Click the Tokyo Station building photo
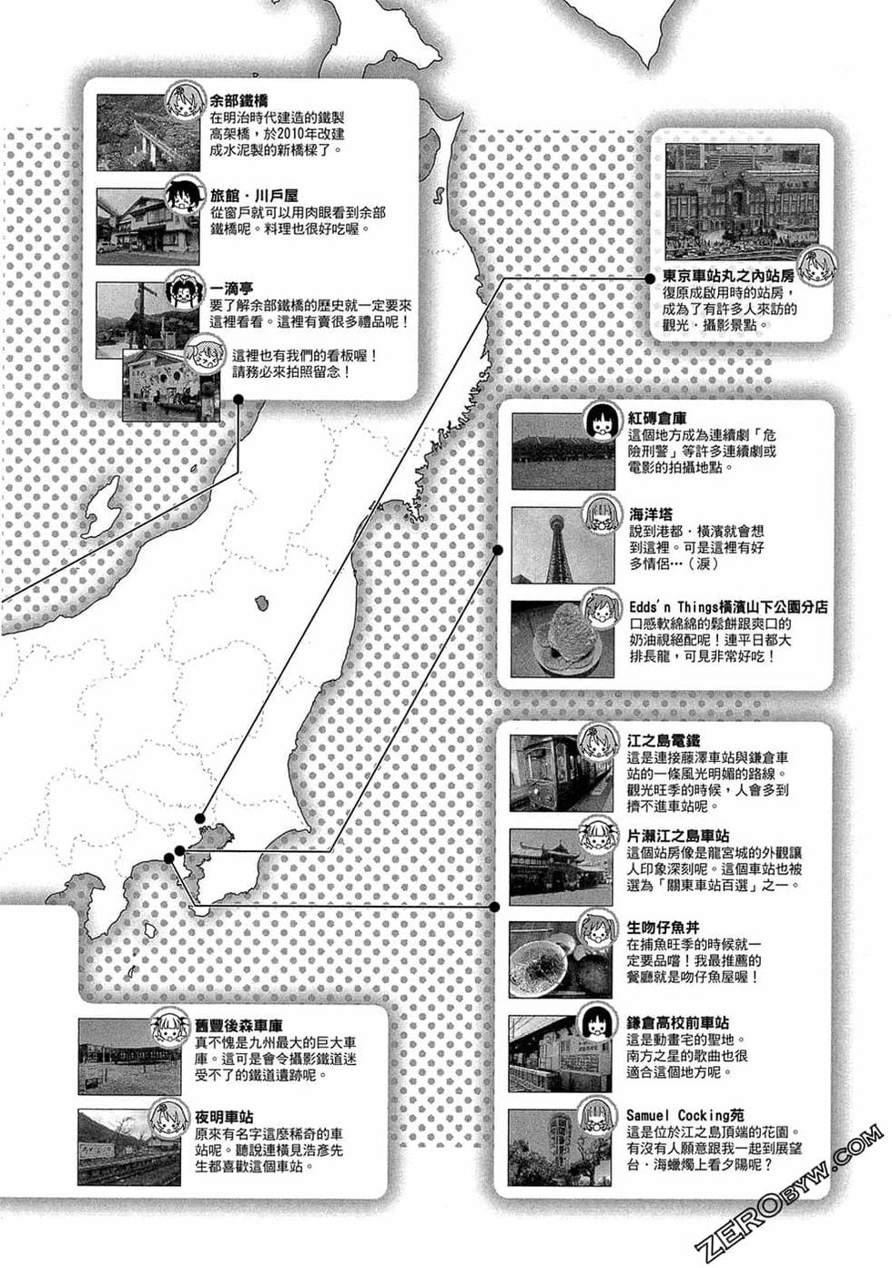(741, 199)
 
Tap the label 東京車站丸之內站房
(728, 276)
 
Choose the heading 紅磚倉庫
(657, 418)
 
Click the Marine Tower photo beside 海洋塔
(551, 543)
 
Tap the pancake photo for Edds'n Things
(551, 636)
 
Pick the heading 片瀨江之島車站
(677, 835)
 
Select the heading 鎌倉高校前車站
(677, 1022)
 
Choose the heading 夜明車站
(224, 1117)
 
